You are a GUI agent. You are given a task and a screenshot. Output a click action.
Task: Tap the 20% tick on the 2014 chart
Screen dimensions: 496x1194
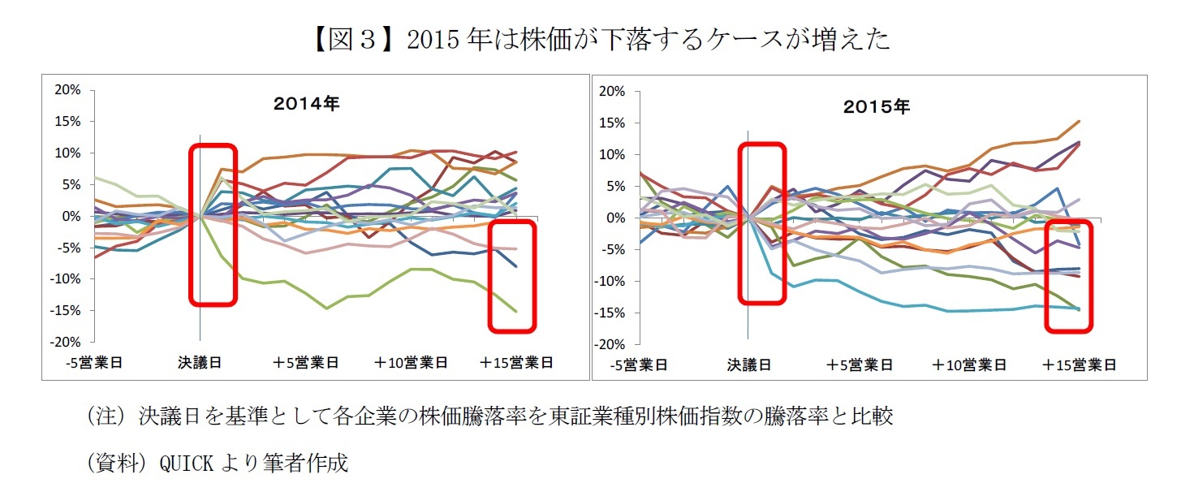(68, 90)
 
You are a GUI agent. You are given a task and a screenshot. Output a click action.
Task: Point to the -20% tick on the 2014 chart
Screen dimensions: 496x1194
(66, 342)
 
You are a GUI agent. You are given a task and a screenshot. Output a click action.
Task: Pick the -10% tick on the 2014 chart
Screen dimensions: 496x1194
(66, 278)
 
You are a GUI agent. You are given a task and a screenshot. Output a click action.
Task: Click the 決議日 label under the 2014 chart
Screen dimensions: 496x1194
(200, 363)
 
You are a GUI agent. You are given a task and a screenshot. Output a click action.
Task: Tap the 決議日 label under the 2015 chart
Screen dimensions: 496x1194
(748, 365)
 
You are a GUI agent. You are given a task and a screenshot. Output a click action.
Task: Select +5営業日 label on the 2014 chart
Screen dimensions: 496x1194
(304, 363)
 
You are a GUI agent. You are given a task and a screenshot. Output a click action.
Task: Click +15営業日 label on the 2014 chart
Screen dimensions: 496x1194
(516, 363)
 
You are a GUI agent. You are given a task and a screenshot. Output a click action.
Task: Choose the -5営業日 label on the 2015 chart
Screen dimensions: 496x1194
(639, 365)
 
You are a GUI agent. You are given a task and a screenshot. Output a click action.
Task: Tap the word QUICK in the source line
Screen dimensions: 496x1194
(187, 463)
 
